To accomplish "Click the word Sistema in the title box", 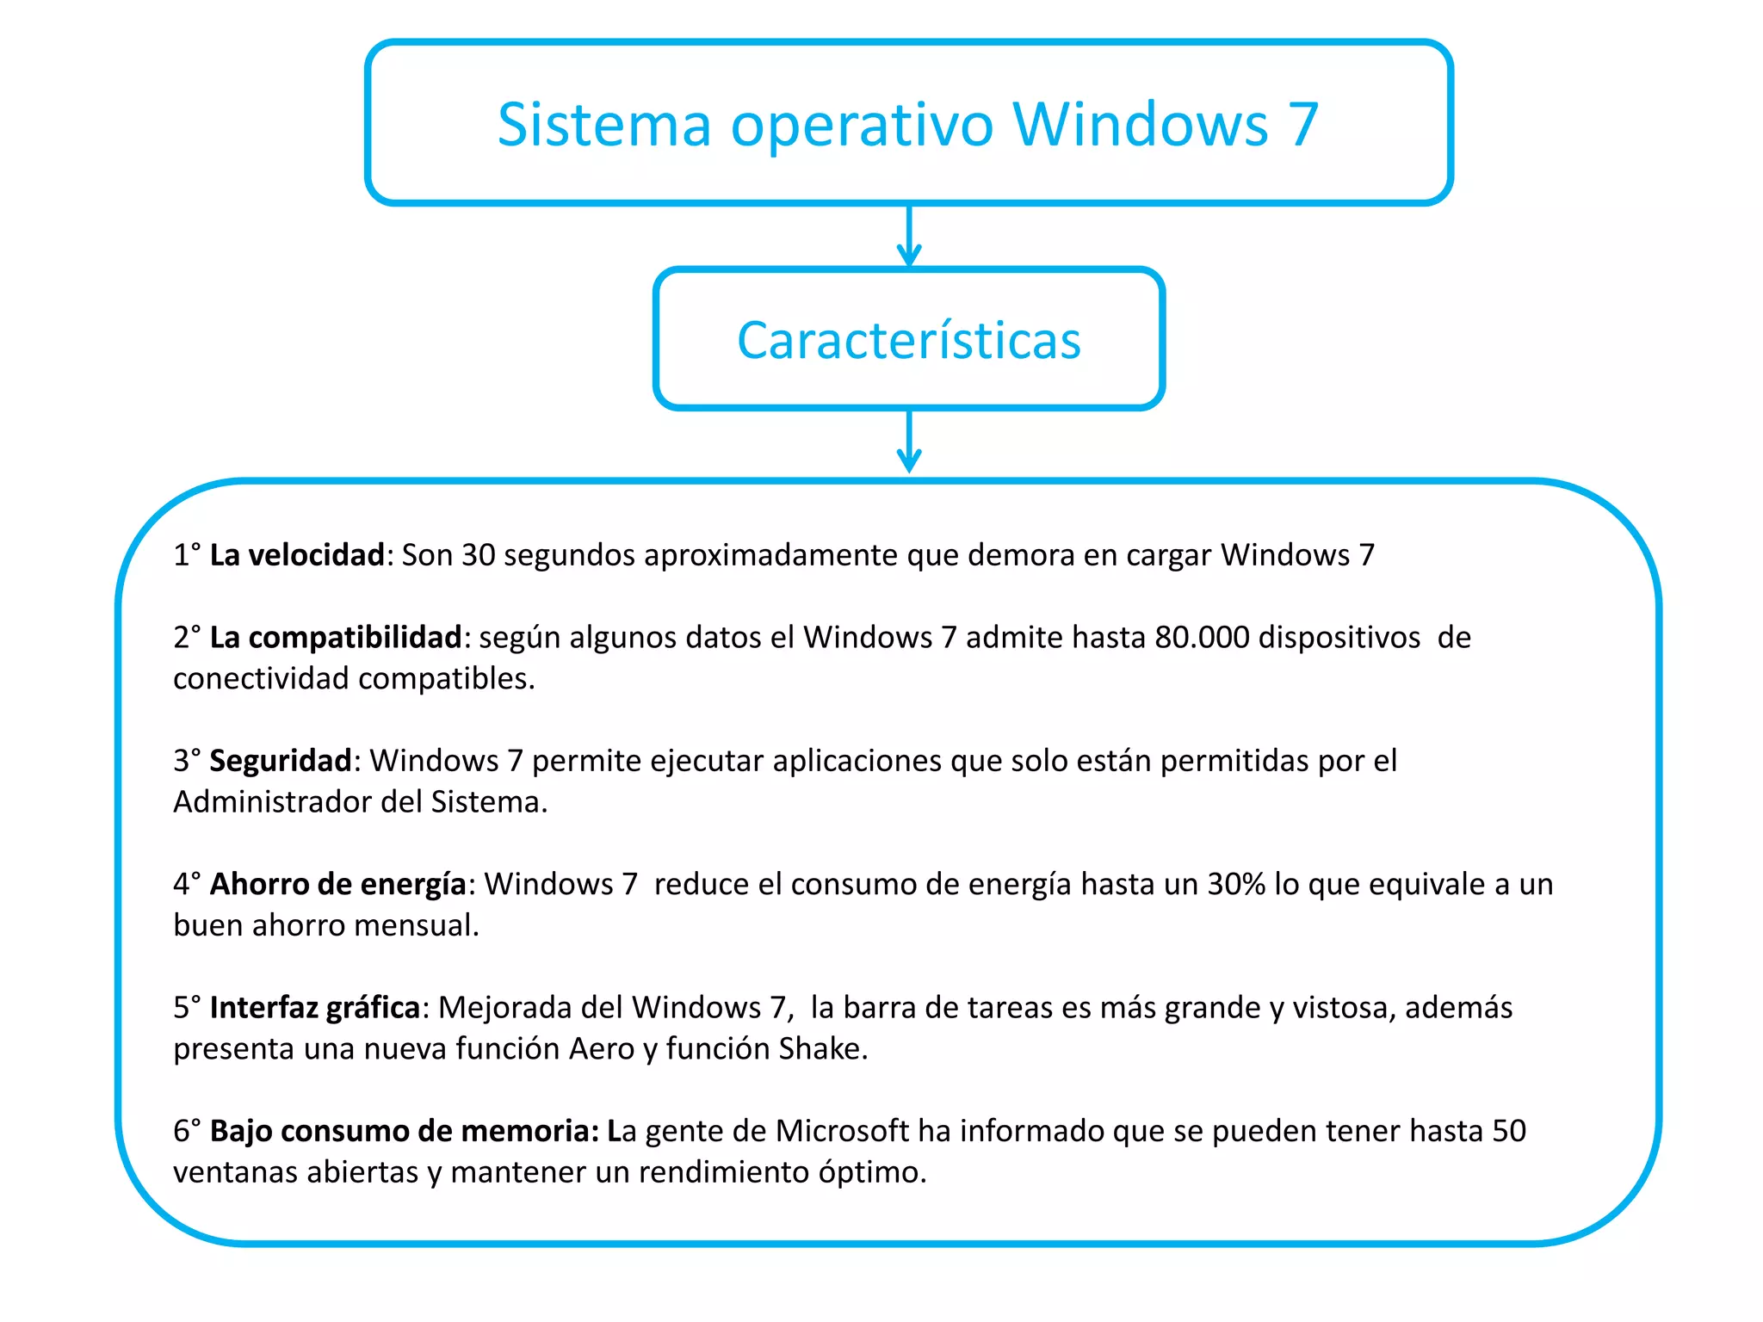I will coord(603,125).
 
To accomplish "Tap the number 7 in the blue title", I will coord(1302,125).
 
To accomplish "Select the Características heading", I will coord(908,340).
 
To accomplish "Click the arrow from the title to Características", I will coord(909,236).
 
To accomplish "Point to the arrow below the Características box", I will coord(909,442).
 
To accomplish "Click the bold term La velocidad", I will coord(297,555).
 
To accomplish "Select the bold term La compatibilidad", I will coord(336,638).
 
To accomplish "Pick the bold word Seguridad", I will coord(281,761).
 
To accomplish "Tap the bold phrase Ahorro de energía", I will coord(337,885).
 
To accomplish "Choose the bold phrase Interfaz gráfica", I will coord(314,1008).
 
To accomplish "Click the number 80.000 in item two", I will coord(1202,638).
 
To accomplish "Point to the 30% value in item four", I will coord(1236,885).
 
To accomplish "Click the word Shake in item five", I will coord(822,1049).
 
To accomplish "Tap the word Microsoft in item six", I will coord(842,1131).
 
